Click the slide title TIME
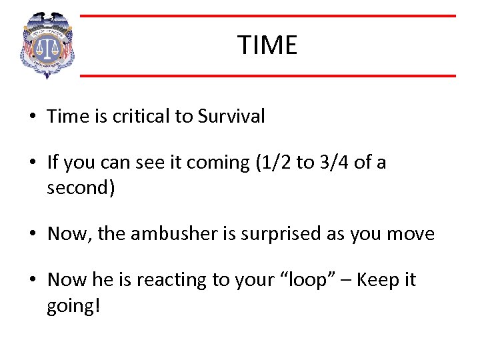[267, 45]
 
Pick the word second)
[81, 189]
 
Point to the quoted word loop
[299, 279]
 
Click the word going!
[73, 306]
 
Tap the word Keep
[379, 279]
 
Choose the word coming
[219, 162]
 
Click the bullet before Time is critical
[33, 117]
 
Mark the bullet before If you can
[33, 163]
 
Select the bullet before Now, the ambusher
[33, 235]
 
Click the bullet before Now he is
[33, 280]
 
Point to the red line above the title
[267, 16]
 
